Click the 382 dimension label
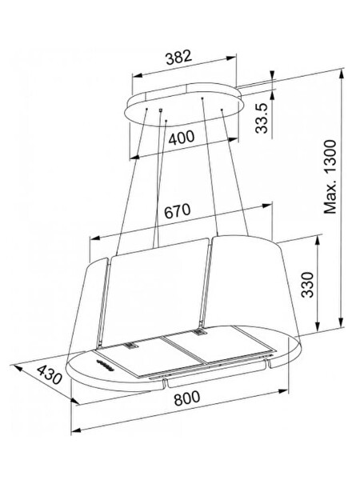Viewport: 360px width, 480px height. click(178, 58)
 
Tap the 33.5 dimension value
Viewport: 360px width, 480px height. click(262, 118)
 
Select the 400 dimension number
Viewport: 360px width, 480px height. click(182, 138)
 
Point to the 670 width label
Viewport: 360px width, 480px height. click(178, 211)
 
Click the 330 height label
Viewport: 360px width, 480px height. click(308, 285)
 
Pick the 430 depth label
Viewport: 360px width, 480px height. click(50, 375)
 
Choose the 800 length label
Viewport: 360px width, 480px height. click(186, 398)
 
